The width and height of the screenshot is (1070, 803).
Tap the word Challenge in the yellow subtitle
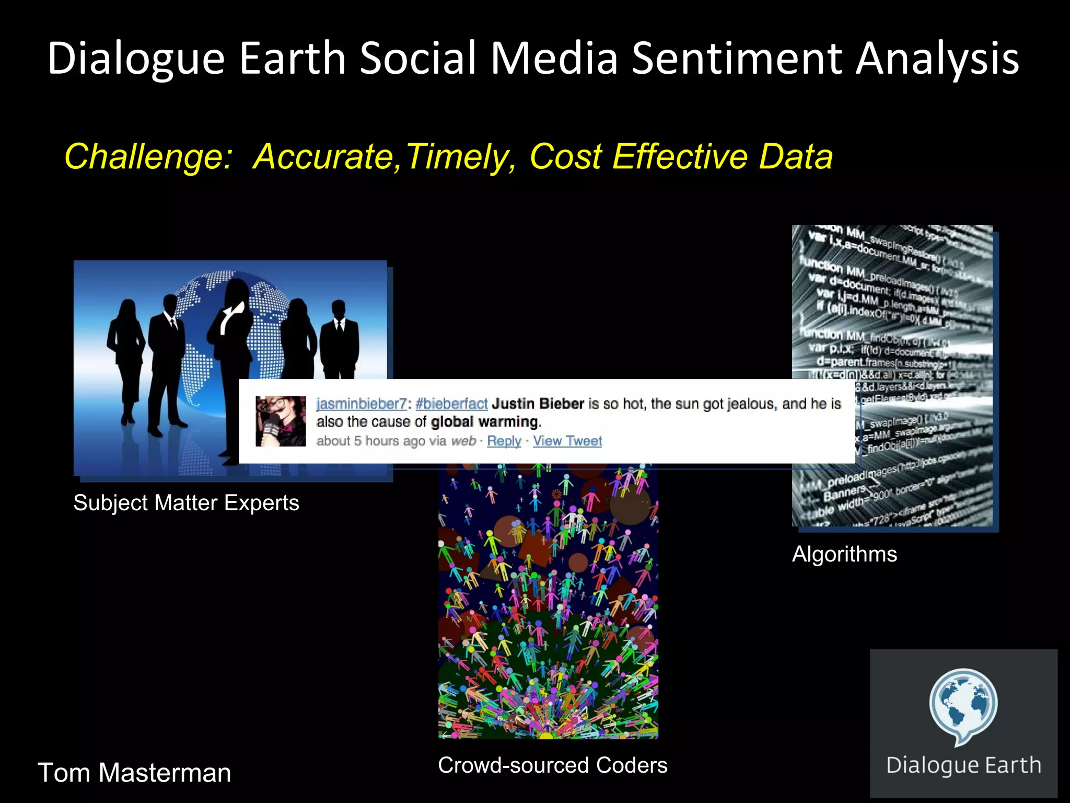pos(148,157)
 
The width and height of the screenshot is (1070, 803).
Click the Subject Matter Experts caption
pos(186,503)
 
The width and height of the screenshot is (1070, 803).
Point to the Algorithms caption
pos(844,554)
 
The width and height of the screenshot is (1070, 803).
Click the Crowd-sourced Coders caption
pos(552,765)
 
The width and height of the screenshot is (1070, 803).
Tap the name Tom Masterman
pos(134,773)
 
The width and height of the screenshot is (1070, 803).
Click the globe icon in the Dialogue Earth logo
pos(963,703)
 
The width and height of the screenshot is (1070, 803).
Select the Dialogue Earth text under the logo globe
pos(963,765)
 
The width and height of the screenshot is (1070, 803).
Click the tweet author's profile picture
pos(281,421)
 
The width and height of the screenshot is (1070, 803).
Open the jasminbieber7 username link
pos(361,404)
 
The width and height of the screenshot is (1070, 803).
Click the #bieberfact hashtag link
pos(451,404)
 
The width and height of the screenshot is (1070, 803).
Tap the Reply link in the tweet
pos(504,441)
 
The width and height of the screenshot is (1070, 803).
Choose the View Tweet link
pos(567,441)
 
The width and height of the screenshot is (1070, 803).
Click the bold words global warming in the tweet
pos(485,422)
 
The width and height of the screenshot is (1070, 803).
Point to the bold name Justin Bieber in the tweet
pos(538,404)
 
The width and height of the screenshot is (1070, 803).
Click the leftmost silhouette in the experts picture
pos(126,355)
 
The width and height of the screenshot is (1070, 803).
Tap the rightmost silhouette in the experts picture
pos(340,340)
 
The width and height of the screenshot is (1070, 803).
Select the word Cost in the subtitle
pos(566,157)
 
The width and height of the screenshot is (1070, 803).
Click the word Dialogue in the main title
pos(136,59)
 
